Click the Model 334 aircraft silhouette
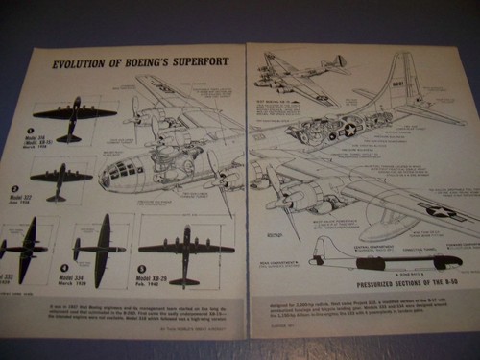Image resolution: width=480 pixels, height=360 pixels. click(x=100, y=251)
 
